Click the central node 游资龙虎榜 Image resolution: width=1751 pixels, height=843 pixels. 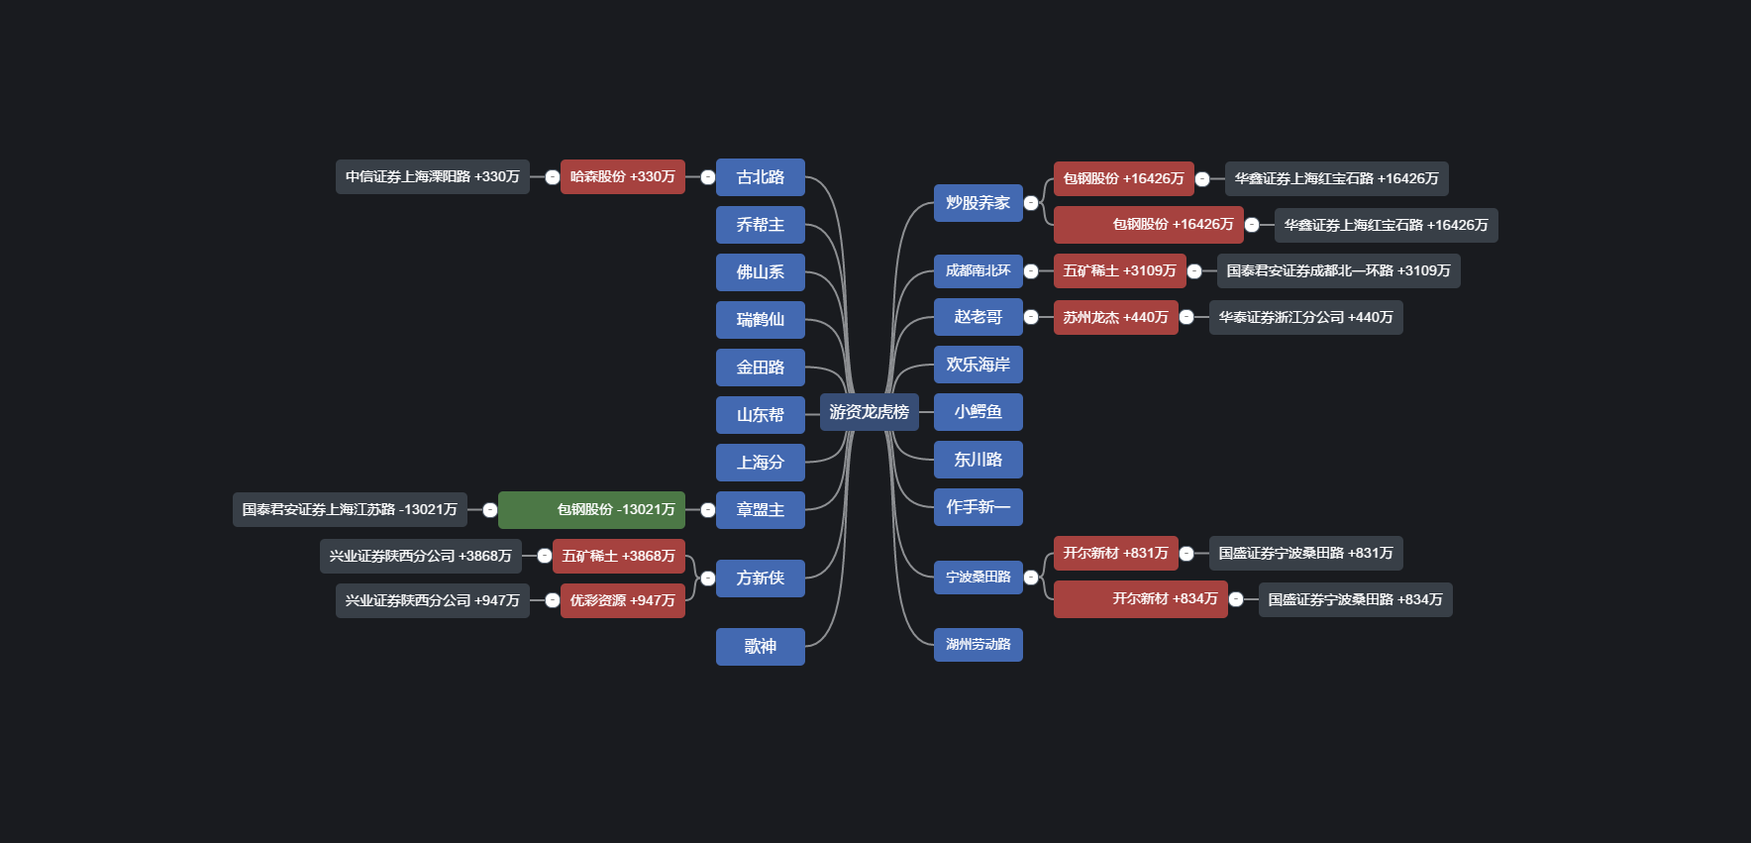[x=869, y=412]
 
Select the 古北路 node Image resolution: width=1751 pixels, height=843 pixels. [x=760, y=177]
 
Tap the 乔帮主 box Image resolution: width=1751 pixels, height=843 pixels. [x=760, y=225]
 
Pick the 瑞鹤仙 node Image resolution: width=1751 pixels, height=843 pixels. [x=760, y=320]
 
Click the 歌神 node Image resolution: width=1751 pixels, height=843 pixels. [x=760, y=646]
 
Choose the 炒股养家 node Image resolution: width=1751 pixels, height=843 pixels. [x=978, y=203]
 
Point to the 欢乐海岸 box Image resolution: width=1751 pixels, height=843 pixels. [x=978, y=365]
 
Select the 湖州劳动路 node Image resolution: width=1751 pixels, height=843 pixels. [x=978, y=645]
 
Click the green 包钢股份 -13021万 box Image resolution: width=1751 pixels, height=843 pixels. [x=591, y=510]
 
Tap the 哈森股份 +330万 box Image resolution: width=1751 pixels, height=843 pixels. [x=622, y=177]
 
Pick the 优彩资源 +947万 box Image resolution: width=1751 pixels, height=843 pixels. [x=622, y=600]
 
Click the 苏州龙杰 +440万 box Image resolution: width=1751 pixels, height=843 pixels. [x=1115, y=318]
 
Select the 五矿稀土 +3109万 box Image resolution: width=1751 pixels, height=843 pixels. [x=1119, y=271]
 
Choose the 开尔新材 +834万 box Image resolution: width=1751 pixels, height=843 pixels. [x=1140, y=599]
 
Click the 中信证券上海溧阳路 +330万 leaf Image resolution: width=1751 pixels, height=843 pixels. [x=432, y=177]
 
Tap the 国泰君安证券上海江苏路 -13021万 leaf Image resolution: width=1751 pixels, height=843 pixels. [x=350, y=510]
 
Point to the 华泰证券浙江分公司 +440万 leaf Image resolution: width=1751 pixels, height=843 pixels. [x=1305, y=318]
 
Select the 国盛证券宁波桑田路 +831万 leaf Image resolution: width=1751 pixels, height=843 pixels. [x=1305, y=554]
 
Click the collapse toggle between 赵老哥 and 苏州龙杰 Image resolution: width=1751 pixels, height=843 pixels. [x=1031, y=318]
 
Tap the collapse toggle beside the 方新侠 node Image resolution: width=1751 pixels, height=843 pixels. [x=707, y=579]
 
